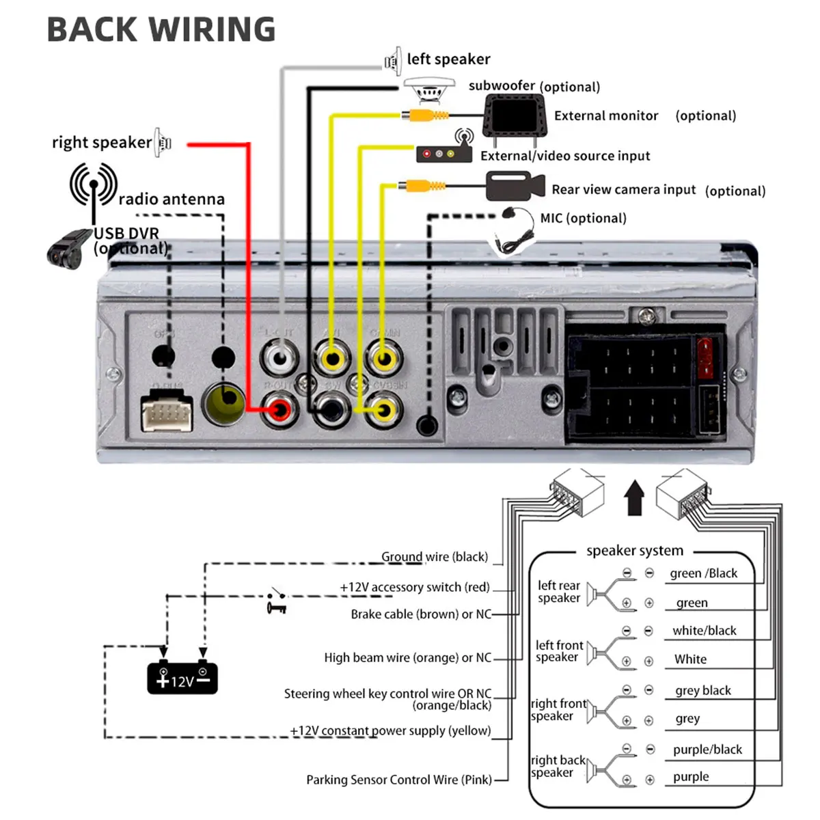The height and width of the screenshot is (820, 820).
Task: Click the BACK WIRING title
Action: tap(161, 30)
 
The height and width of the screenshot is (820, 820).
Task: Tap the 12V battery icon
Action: tap(182, 677)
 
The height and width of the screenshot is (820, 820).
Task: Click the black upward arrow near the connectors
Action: tap(635, 497)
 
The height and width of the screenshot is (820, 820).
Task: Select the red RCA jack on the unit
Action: tap(279, 410)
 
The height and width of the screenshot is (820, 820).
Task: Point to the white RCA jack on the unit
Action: tap(279, 357)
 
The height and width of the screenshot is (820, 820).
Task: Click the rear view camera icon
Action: tap(515, 186)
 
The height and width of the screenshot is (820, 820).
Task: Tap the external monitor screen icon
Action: tap(515, 115)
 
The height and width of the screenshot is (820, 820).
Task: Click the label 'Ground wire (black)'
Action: tap(435, 557)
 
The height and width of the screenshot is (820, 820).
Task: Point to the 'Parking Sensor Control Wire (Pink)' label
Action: tap(399, 780)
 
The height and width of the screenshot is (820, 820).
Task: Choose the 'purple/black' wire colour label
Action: tap(707, 750)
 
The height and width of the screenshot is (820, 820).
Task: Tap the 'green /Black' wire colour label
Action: tap(704, 573)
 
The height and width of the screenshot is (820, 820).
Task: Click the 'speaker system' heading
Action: tap(635, 551)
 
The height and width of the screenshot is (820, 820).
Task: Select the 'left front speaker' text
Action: tap(559, 651)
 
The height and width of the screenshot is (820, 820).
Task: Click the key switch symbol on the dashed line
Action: tap(277, 602)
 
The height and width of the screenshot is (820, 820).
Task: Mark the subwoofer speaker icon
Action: tap(429, 90)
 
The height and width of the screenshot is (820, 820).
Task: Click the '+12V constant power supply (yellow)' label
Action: tap(390, 730)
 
